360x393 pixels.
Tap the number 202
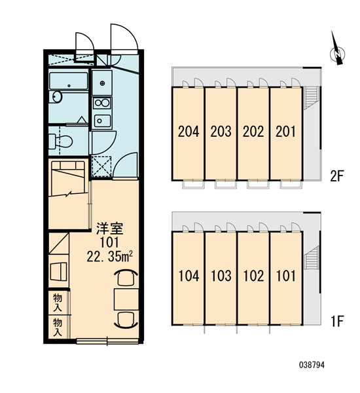253,132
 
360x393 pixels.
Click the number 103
221,276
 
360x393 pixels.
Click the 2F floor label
336,176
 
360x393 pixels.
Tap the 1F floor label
336,321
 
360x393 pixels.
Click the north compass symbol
337,50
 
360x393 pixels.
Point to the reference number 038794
312,365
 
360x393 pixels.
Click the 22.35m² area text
109,256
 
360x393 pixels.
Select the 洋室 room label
110,229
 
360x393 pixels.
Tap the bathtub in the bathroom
68,81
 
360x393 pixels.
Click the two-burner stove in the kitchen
101,103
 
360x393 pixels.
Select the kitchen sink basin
102,121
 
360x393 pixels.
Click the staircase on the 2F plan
311,98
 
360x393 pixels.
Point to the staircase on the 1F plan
311,257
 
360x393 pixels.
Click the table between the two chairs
126,299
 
